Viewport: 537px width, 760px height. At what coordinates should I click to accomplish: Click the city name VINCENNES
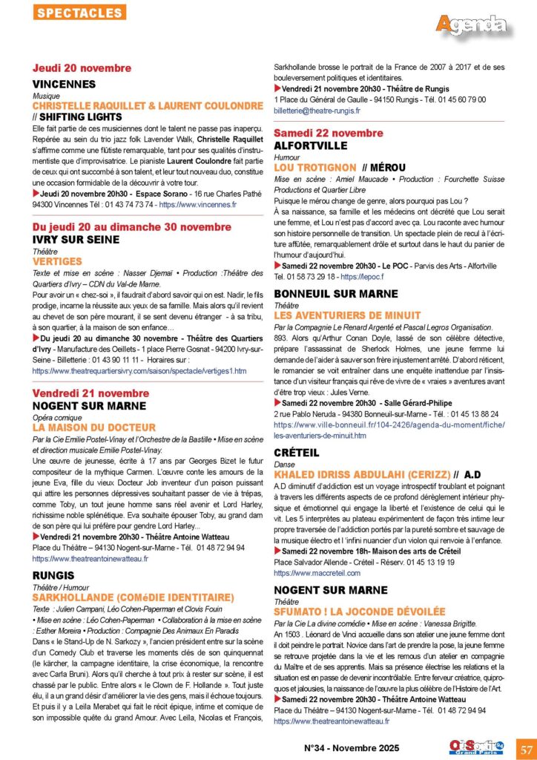65,85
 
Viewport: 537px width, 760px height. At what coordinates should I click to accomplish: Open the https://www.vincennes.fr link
197,204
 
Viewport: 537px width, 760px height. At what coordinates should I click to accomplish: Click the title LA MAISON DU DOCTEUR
94,427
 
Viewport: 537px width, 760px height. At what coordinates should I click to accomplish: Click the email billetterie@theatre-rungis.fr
317,111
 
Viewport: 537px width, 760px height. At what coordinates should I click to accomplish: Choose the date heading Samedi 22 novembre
329,133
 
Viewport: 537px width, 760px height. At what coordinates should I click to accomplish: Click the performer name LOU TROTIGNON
315,168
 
